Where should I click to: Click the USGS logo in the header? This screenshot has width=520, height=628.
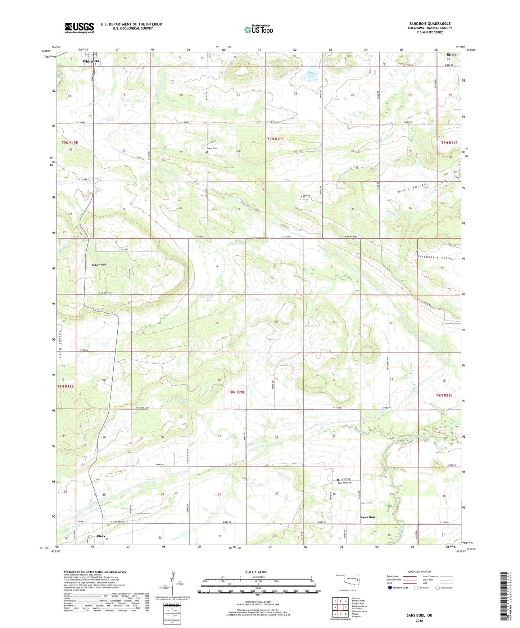[79, 28]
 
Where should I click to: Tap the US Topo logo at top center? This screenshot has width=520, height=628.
[258, 29]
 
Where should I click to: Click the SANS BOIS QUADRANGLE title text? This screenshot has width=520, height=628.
[430, 24]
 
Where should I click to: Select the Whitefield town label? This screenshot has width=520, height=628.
[91, 62]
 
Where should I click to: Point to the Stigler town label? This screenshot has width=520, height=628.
[452, 55]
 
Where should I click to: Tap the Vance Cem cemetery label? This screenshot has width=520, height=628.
[212, 149]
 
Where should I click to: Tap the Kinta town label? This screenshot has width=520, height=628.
[101, 536]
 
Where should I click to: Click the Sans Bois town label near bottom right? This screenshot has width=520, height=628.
[368, 517]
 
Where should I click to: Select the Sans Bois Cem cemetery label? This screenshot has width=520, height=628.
[345, 483]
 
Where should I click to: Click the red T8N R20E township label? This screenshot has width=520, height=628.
[236, 392]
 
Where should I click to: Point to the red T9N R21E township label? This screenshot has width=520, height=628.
[449, 143]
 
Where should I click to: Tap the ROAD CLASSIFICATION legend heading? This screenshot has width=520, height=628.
[419, 572]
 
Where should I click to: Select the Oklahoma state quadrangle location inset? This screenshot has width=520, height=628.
[348, 579]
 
